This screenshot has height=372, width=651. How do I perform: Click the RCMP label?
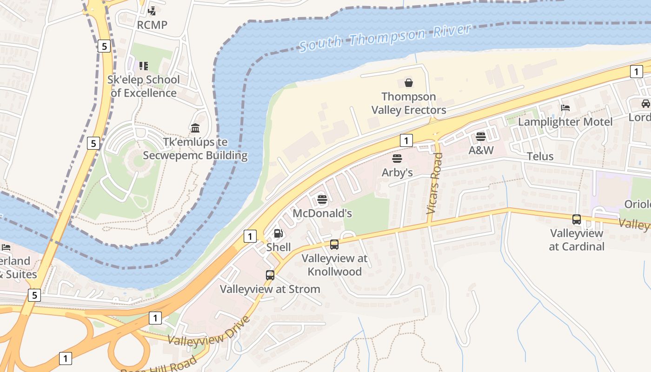[152, 25]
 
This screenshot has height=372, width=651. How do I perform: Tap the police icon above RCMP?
[152, 10]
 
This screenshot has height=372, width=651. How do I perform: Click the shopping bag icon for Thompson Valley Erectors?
[408, 83]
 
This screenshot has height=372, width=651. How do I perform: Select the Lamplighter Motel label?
[565, 122]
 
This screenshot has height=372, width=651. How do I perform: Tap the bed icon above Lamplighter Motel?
[565, 108]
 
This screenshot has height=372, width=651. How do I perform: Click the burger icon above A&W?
[481, 137]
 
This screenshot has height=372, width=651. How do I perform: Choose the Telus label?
[540, 156]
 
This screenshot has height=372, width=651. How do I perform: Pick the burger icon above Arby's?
[397, 159]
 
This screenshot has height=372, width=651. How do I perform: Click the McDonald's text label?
[322, 213]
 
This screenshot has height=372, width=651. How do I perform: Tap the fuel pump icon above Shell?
[278, 233]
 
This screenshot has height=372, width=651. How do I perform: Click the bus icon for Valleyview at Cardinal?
[577, 219]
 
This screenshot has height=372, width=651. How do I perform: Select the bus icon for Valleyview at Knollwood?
[334, 245]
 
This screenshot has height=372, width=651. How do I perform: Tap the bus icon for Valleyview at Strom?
[270, 275]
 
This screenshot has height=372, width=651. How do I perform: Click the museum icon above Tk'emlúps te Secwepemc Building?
[195, 128]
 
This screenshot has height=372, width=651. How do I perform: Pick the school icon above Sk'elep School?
[144, 66]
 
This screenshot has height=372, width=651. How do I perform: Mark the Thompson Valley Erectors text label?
[408, 103]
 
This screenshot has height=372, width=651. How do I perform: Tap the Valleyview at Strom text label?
[270, 289]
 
